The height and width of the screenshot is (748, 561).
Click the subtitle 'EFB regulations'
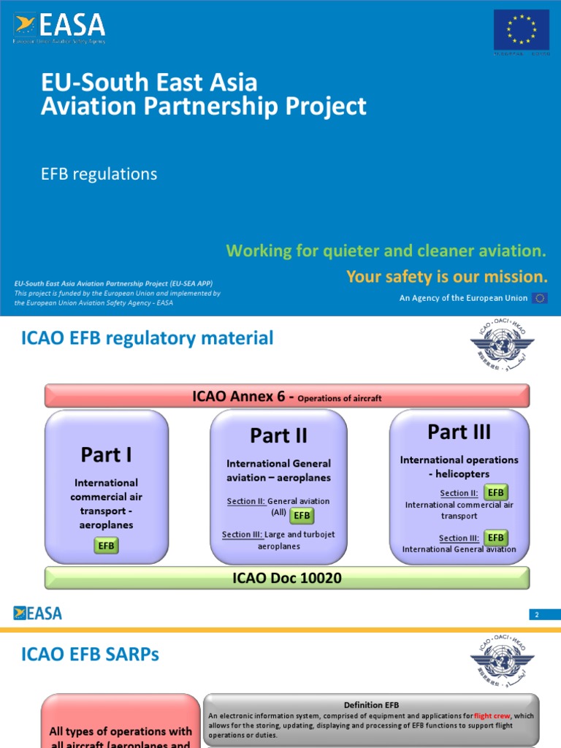click(99, 174)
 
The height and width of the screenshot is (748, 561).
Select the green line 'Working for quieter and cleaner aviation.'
click(386, 251)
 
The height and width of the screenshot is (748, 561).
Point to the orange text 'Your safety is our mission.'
click(446, 277)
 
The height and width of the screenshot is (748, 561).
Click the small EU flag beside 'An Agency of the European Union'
click(540, 298)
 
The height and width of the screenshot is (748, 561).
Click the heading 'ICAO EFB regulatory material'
click(148, 338)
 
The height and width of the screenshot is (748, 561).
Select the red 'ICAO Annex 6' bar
click(287, 397)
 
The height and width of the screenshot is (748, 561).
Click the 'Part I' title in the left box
click(107, 455)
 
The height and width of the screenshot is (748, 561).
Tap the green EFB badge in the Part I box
click(107, 546)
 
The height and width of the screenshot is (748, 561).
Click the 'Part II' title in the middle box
click(278, 436)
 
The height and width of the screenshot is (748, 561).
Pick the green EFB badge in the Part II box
click(302, 516)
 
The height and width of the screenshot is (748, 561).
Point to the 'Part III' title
click(459, 432)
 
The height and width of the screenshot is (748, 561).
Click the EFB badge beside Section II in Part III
click(496, 492)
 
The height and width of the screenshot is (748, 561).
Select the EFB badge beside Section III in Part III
click(496, 538)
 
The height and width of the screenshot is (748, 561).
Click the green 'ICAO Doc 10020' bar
click(287, 578)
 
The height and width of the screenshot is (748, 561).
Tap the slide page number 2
click(537, 615)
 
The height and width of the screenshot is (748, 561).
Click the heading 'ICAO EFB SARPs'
click(90, 655)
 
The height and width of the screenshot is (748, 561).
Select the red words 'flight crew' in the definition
click(492, 716)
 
